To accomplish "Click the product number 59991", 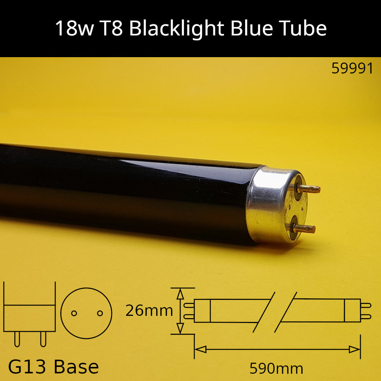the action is tap(352, 68).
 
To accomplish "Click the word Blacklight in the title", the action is tap(176, 29).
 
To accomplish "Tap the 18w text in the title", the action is tap(75, 29).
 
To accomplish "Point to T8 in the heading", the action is tap(111, 28).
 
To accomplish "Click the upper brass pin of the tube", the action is tap(309, 189).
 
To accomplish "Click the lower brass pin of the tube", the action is tap(304, 228).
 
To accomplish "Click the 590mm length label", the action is tap(276, 368).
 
